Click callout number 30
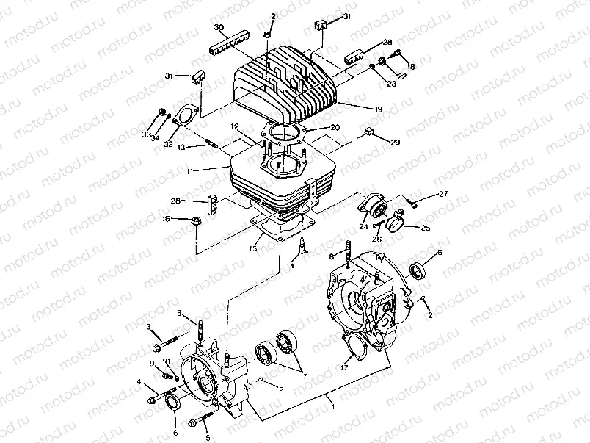pyautogui.click(x=219, y=28)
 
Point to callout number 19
pyautogui.click(x=379, y=109)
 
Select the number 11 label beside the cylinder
pyautogui.click(x=210, y=170)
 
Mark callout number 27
pyautogui.click(x=443, y=194)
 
